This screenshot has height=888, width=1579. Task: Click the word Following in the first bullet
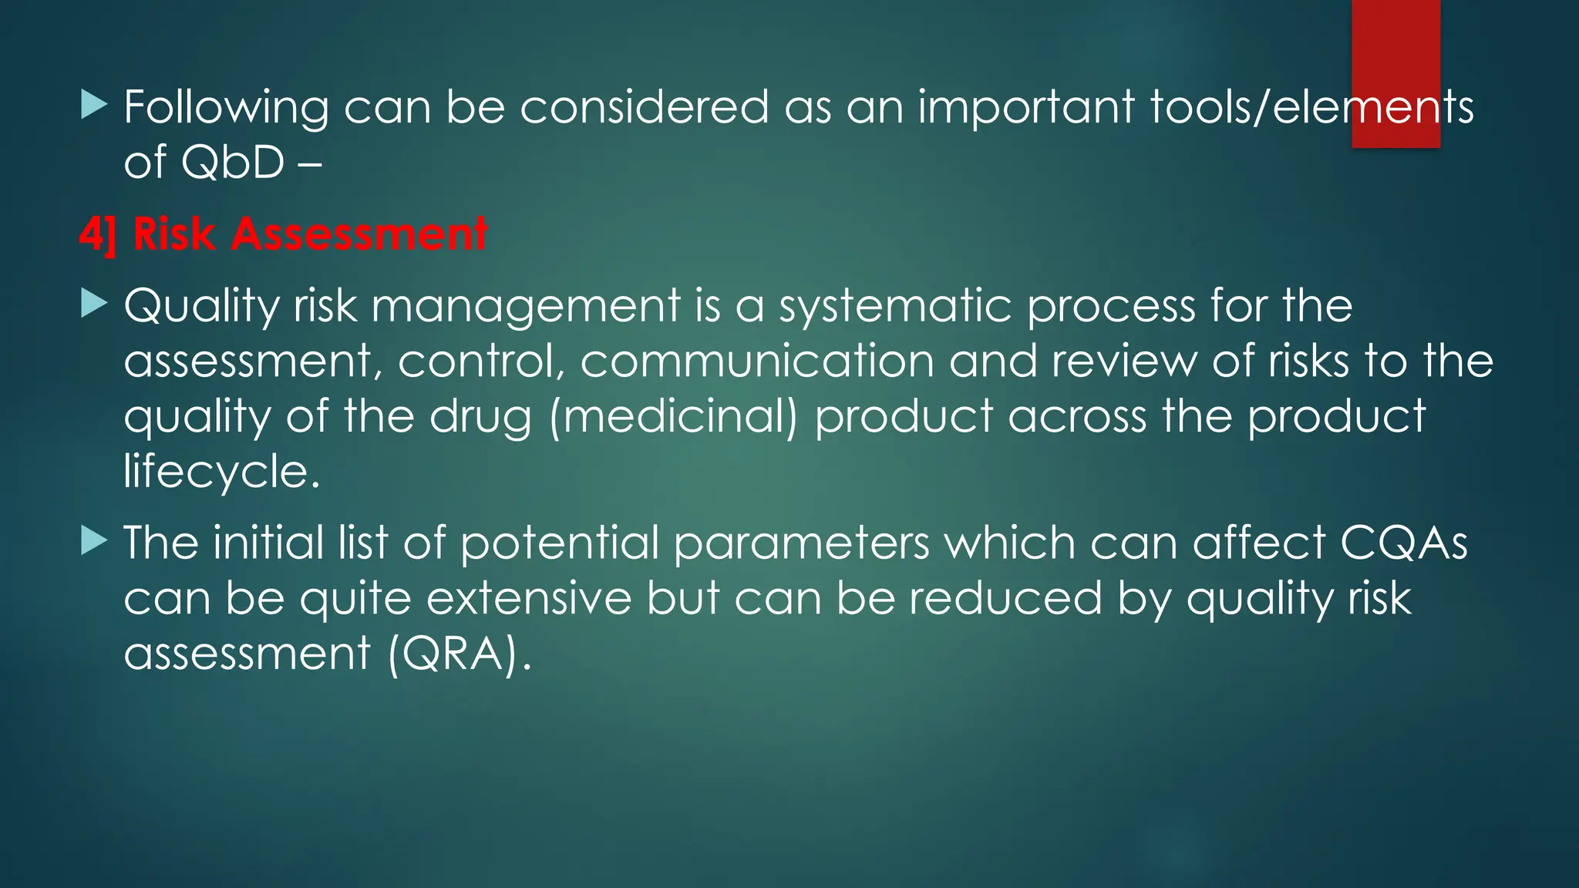(226, 107)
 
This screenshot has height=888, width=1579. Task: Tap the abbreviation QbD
(233, 163)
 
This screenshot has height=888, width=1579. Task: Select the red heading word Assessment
(359, 234)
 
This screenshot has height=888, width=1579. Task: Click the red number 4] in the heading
(98, 234)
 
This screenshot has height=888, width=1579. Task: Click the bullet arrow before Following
(93, 104)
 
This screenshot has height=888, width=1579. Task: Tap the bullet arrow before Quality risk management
(93, 304)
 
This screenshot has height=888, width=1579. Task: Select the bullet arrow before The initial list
(93, 541)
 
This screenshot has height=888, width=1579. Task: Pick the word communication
(756, 361)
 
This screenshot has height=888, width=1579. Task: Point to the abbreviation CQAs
(1403, 543)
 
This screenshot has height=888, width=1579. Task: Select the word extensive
(529, 598)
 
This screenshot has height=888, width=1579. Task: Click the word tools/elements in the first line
(1311, 107)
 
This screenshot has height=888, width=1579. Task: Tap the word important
(1025, 107)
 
